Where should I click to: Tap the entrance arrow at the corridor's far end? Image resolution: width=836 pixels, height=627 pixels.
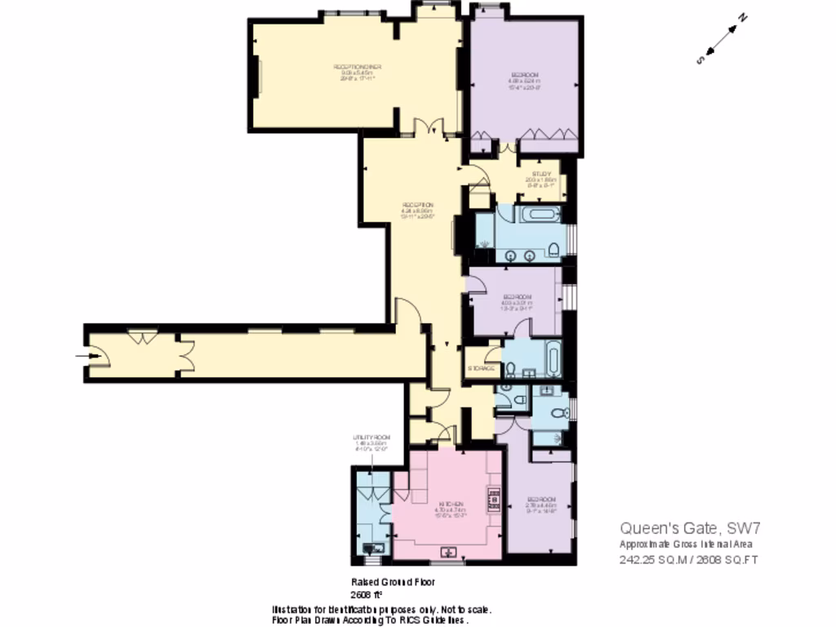pos(82,355)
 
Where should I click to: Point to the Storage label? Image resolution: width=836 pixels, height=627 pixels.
pos(482,369)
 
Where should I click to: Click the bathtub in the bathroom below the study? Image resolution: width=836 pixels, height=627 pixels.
pos(540,216)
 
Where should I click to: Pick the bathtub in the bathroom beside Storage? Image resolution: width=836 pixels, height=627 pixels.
pos(553,358)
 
